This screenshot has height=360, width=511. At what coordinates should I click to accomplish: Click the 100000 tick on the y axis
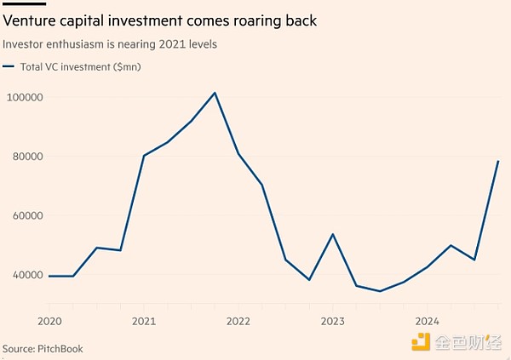[25, 97]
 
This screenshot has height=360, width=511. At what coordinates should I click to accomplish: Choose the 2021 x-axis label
[144, 322]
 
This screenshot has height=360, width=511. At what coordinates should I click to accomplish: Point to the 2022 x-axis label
[238, 322]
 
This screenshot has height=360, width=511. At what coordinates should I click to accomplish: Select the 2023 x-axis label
[332, 322]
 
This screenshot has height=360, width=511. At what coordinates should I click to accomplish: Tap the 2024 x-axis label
[427, 322]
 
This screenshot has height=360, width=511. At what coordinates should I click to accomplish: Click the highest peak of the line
[215, 93]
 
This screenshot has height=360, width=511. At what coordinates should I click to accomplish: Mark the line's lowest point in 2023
[380, 291]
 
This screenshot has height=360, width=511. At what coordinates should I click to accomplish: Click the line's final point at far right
[498, 161]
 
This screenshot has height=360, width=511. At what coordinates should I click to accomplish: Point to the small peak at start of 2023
[333, 234]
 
